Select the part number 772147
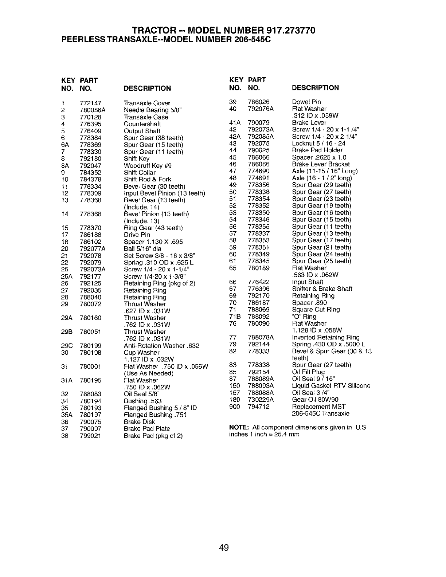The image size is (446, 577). (90, 103)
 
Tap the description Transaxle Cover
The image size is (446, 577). (147, 103)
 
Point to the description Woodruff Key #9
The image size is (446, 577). (148, 165)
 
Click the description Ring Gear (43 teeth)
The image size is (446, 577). (153, 228)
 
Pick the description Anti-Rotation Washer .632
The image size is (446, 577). (161, 346)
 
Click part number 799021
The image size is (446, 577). (90, 436)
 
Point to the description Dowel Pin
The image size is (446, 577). (306, 102)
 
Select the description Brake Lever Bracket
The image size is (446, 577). (321, 164)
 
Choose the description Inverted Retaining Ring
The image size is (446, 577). (326, 337)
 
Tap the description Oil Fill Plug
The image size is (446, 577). (308, 372)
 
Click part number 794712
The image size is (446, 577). (258, 407)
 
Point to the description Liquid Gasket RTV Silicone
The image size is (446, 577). (331, 386)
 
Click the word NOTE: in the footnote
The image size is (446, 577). (239, 427)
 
